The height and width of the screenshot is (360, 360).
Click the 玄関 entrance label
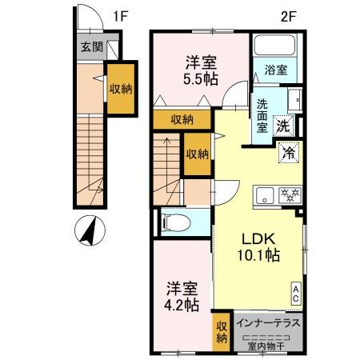click(90, 47)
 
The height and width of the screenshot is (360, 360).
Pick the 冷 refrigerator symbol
click(286, 151)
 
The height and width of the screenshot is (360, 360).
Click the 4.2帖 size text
click(182, 304)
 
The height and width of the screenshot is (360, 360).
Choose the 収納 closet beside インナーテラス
click(221, 330)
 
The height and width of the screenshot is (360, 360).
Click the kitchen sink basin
click(264, 194)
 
